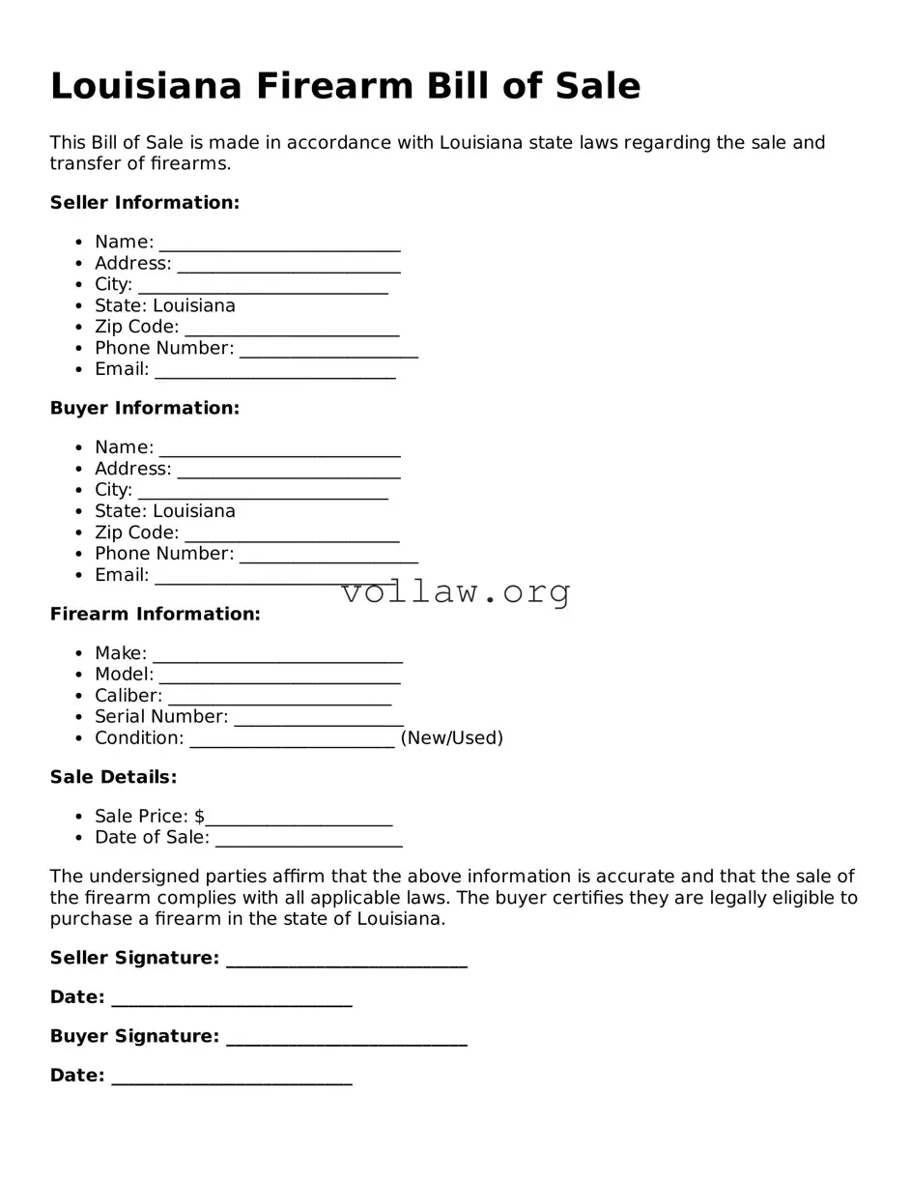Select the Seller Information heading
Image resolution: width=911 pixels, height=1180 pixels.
[145, 203]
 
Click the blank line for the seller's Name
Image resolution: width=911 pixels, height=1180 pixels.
[279, 244]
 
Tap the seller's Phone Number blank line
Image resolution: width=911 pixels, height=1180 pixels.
[328, 350]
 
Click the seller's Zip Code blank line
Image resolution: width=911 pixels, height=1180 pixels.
[292, 329]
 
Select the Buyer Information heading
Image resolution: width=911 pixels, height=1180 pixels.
[145, 409]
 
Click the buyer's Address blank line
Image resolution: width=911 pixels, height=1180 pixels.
[289, 471]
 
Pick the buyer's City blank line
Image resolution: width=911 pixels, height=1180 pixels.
[263, 492]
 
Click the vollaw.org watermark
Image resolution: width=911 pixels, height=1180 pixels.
[456, 591]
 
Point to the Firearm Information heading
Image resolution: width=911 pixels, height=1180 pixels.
[156, 615]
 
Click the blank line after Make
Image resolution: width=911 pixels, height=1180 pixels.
[277, 655]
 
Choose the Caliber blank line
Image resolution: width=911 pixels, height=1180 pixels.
[279, 698]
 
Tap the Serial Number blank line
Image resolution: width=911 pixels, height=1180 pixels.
[319, 719]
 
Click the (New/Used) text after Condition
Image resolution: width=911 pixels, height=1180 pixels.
[451, 738]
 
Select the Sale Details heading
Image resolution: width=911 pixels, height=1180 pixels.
[113, 778]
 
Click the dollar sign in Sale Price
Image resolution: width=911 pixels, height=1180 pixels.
[199, 817]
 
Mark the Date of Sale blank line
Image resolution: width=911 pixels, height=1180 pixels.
[308, 839]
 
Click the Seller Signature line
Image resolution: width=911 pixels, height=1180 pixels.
[346, 960]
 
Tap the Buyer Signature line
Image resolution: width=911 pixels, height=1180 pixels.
[346, 1038]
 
